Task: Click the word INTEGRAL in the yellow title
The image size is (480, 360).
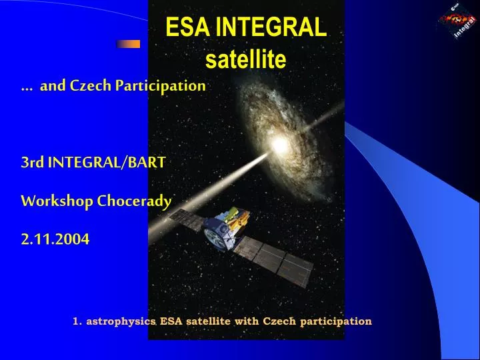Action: pyautogui.click(x=271, y=28)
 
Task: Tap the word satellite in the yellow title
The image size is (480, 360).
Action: pyautogui.click(x=245, y=60)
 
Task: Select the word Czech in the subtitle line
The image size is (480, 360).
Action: pyautogui.click(x=89, y=86)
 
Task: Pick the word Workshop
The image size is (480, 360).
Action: pyautogui.click(x=57, y=201)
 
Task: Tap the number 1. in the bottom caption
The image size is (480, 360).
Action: pyautogui.click(x=77, y=321)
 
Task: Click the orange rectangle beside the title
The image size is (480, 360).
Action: pyautogui.click(x=128, y=44)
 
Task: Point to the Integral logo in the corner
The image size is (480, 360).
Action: pyautogui.click(x=459, y=21)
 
